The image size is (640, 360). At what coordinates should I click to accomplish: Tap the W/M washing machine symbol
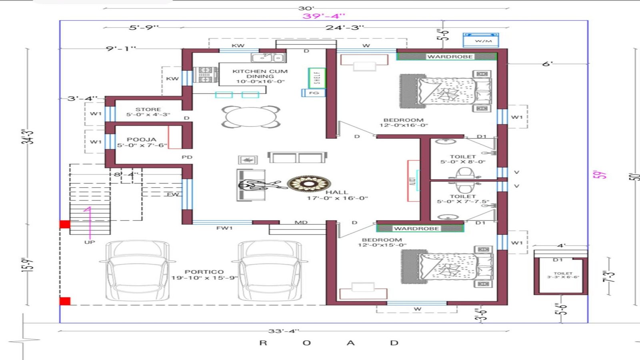point(481,40)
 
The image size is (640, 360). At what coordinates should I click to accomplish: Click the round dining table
point(251,117)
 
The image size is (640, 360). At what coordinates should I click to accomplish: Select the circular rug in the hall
point(309,184)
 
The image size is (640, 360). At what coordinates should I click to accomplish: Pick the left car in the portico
point(136,271)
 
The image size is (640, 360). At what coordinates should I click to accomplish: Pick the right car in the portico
point(270,271)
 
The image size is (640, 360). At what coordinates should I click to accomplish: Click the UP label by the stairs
point(90,242)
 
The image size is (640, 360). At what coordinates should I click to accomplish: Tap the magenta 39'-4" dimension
point(324,16)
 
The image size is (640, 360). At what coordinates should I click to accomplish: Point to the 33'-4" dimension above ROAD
point(284,331)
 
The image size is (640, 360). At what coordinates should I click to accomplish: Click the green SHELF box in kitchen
point(317,78)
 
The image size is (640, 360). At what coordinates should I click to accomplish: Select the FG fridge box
point(314,93)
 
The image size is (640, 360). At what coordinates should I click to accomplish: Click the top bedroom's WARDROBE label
point(450,57)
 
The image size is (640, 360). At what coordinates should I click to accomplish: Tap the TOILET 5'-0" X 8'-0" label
point(463,159)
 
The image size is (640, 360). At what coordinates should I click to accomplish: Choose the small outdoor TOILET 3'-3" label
point(563,275)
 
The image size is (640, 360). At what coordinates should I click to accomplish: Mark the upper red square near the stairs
point(65,224)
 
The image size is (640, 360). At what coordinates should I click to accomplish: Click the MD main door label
point(301,222)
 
